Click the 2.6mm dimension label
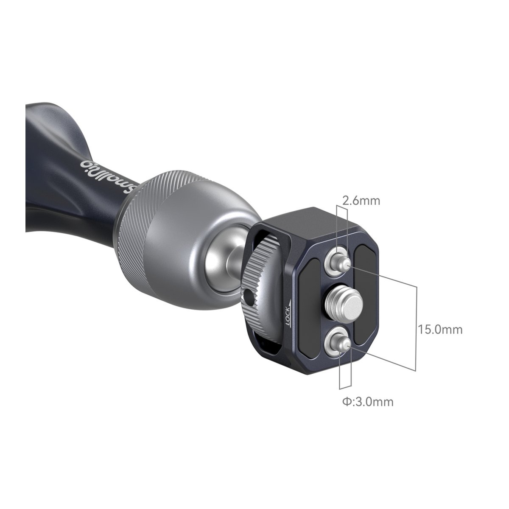click(x=361, y=201)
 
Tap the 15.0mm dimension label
click(x=440, y=330)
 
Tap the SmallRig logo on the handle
click(x=108, y=176)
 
